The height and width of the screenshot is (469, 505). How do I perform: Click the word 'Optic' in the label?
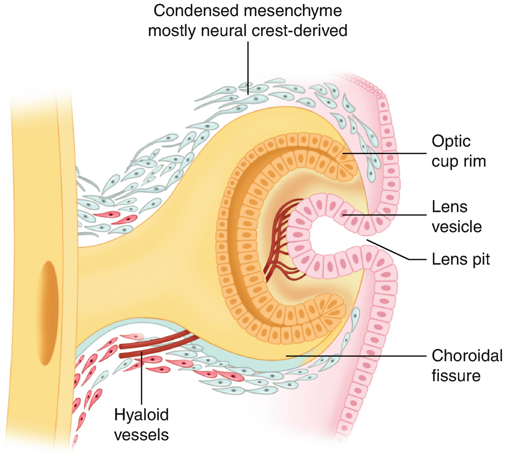pyautogui.click(x=451, y=141)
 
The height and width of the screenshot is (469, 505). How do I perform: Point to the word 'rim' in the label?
pyautogui.click(x=473, y=162)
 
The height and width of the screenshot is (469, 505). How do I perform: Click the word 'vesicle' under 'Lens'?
pyautogui.click(x=456, y=227)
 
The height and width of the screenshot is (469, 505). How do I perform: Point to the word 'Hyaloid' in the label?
pyautogui.click(x=142, y=414)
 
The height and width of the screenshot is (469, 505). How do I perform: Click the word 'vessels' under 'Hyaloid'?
pyautogui.click(x=142, y=434)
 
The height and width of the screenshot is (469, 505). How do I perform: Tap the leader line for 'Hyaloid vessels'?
pyautogui.click(x=142, y=380)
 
